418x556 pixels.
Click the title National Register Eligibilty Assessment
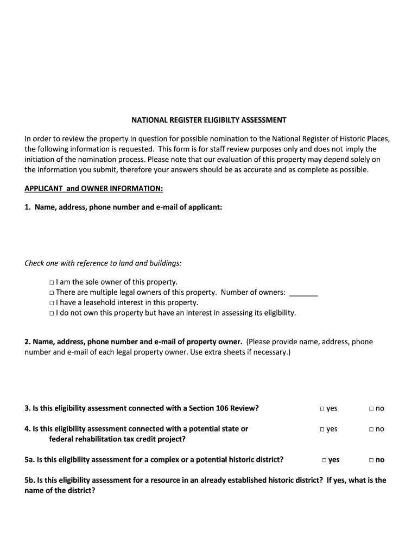coord(208,120)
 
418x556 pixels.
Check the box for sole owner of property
coord(51,282)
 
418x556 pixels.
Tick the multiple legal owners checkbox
coord(51,293)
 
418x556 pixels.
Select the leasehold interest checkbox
coord(51,303)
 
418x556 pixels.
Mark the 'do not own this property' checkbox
coord(51,313)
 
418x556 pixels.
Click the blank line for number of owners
coord(303,294)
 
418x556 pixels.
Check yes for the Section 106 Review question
coord(322,409)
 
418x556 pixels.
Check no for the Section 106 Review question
coord(371,409)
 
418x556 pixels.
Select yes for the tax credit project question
coord(322,429)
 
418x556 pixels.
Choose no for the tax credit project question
coord(371,429)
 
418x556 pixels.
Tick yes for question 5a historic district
coord(324,460)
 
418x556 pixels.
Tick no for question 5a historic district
coord(371,460)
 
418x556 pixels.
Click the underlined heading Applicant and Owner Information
coord(93,188)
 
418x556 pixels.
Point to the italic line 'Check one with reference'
coord(103,263)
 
